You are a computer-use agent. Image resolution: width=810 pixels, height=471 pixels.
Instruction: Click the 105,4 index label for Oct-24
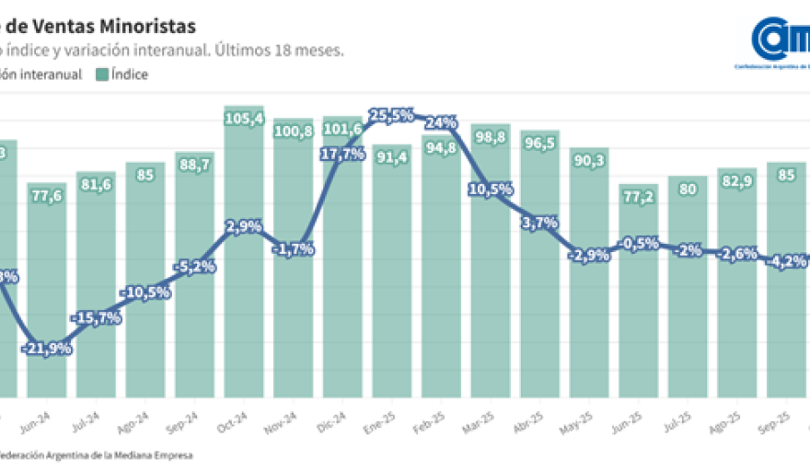(x=244, y=119)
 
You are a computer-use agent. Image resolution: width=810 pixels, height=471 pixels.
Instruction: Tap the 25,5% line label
(x=391, y=115)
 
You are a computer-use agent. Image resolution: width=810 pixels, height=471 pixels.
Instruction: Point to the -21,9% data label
(x=48, y=348)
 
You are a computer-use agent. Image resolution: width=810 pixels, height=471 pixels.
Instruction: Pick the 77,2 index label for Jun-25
(x=638, y=196)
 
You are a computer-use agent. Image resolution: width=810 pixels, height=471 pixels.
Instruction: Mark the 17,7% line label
(x=342, y=155)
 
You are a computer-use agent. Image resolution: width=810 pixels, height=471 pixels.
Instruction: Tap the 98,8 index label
(x=491, y=137)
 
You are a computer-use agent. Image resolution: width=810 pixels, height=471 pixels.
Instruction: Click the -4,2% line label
(x=785, y=260)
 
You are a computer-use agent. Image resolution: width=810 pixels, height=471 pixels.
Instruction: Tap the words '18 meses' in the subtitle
(x=312, y=51)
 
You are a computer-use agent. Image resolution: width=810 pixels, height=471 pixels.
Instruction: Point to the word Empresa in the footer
(x=172, y=454)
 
